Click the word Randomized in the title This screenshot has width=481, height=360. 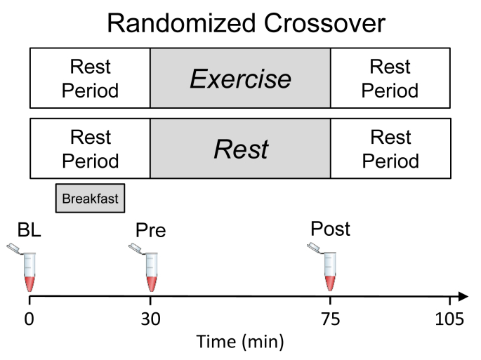181,23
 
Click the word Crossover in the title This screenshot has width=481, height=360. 324,23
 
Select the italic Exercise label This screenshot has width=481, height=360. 240,79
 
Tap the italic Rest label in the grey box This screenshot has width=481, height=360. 241,149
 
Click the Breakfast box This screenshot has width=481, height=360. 90,198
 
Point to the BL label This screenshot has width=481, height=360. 29,230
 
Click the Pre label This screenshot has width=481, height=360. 150,230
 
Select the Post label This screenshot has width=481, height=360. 330,229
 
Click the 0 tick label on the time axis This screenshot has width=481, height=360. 29,319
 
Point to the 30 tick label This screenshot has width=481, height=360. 150,319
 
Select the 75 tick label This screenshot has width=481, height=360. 331,319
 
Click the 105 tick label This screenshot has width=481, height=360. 449,319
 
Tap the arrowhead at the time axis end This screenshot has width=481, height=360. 463,297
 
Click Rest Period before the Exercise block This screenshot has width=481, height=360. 90,79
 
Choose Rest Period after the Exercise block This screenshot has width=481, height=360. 390,79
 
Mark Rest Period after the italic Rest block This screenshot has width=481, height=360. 390,149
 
